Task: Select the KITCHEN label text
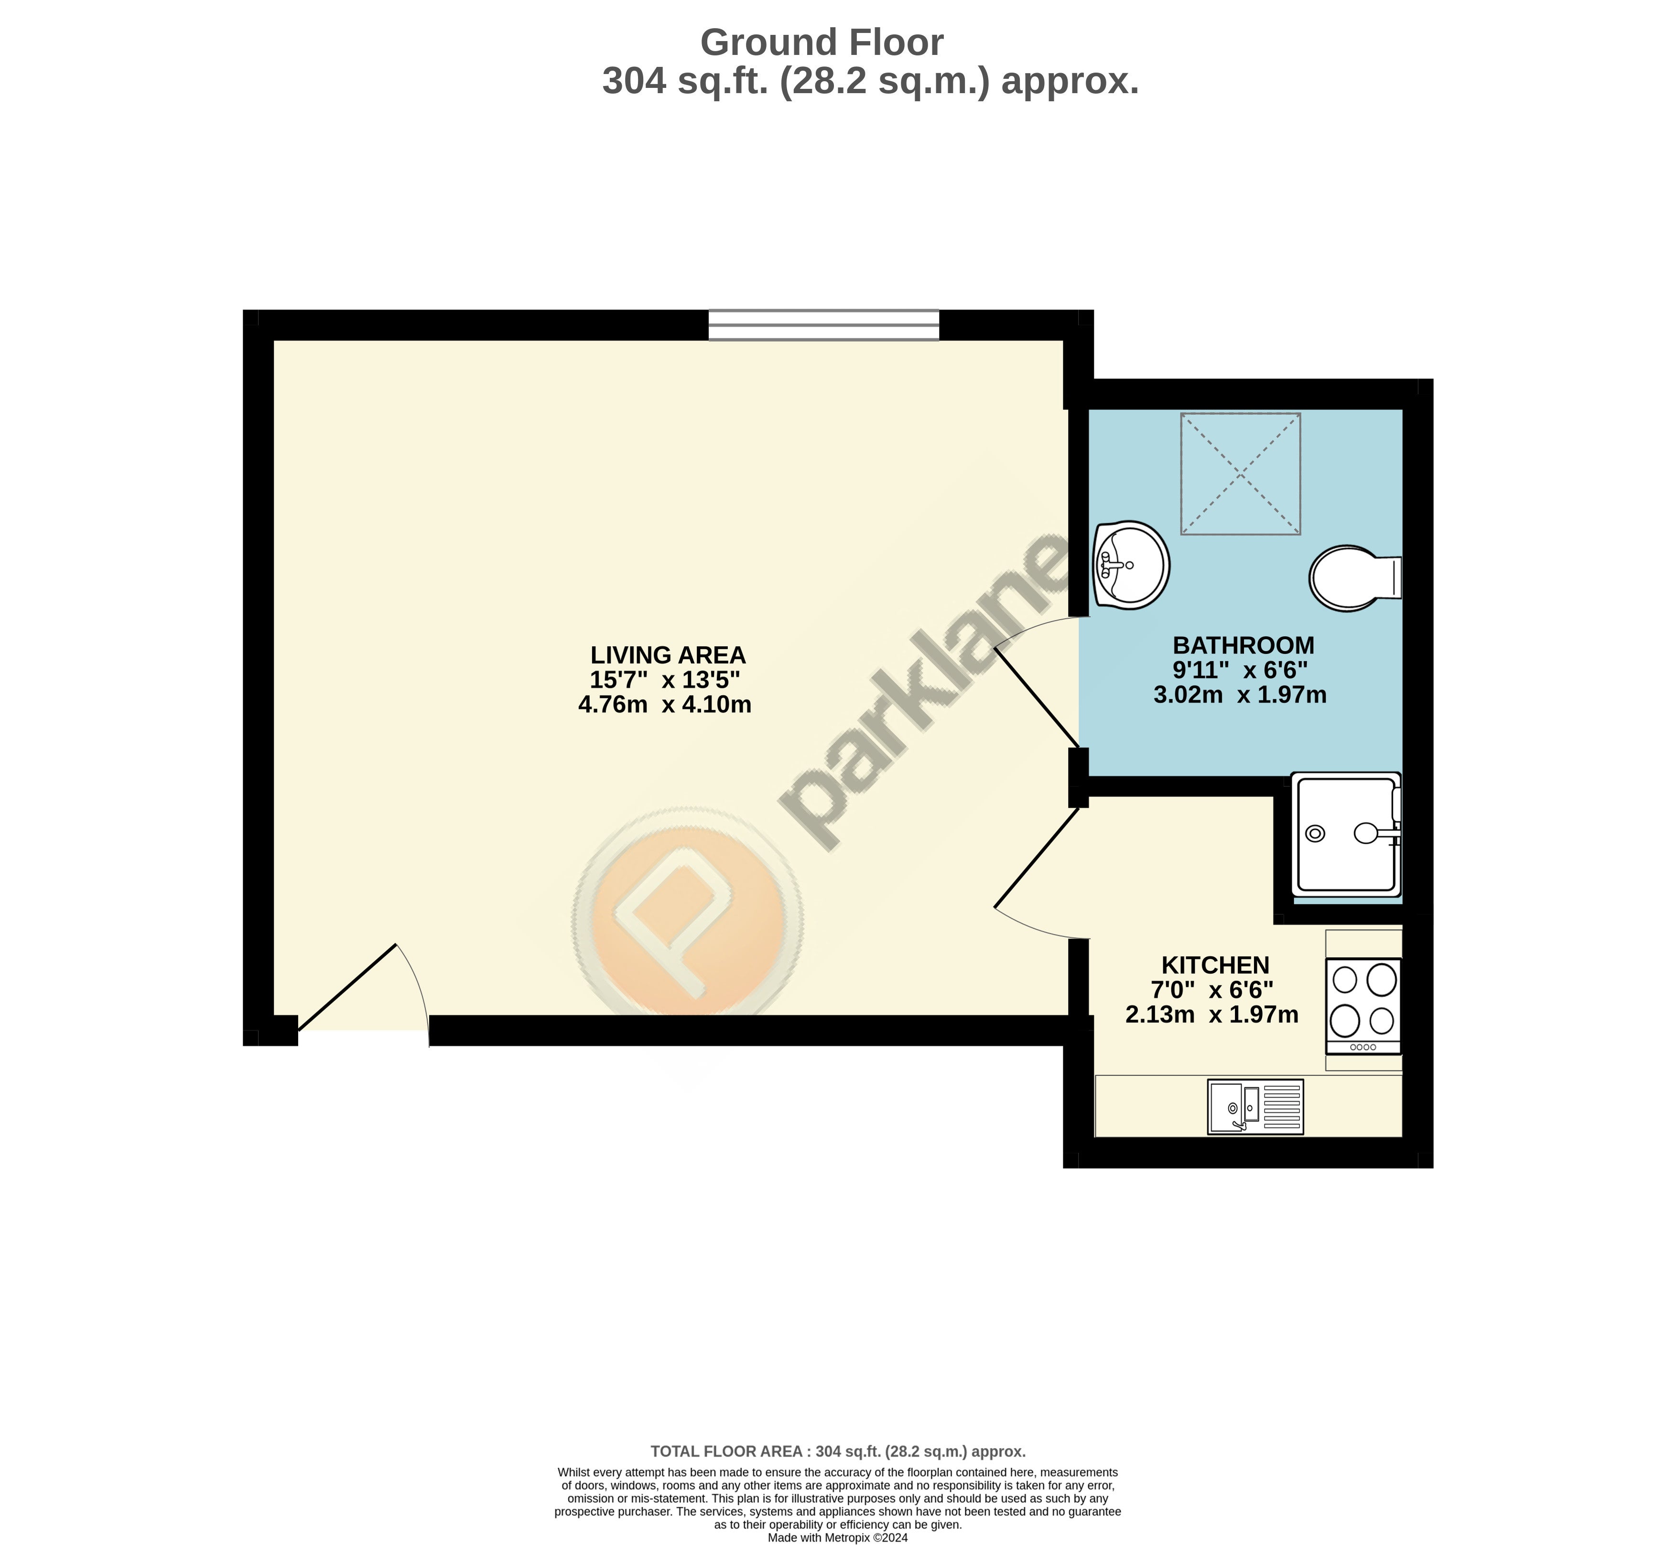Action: (1215, 966)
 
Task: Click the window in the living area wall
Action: (824, 325)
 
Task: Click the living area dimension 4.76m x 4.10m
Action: (665, 705)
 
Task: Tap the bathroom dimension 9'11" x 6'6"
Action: (1240, 670)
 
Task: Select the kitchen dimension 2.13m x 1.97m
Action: (1212, 1015)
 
